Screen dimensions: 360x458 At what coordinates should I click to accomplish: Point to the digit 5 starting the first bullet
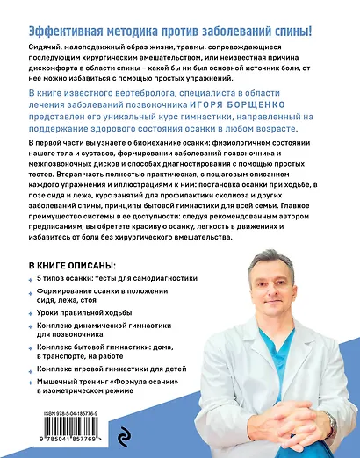click(x=43, y=280)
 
